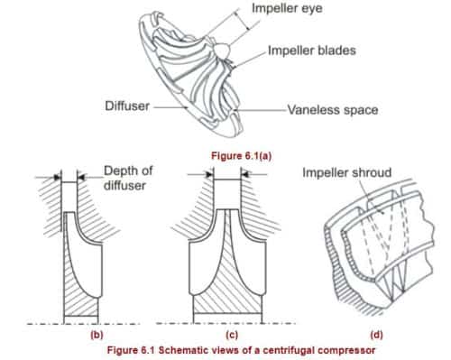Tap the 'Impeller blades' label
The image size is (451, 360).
point(311,50)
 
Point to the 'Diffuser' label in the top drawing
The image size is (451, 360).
point(126,106)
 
